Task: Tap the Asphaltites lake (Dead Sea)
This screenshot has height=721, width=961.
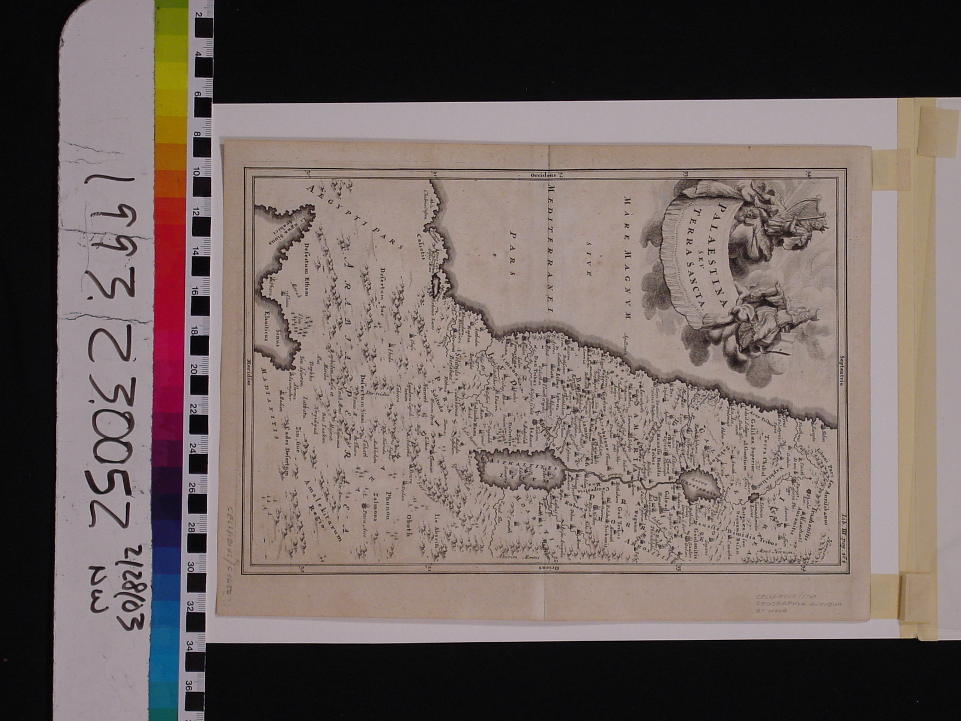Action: [517, 471]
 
